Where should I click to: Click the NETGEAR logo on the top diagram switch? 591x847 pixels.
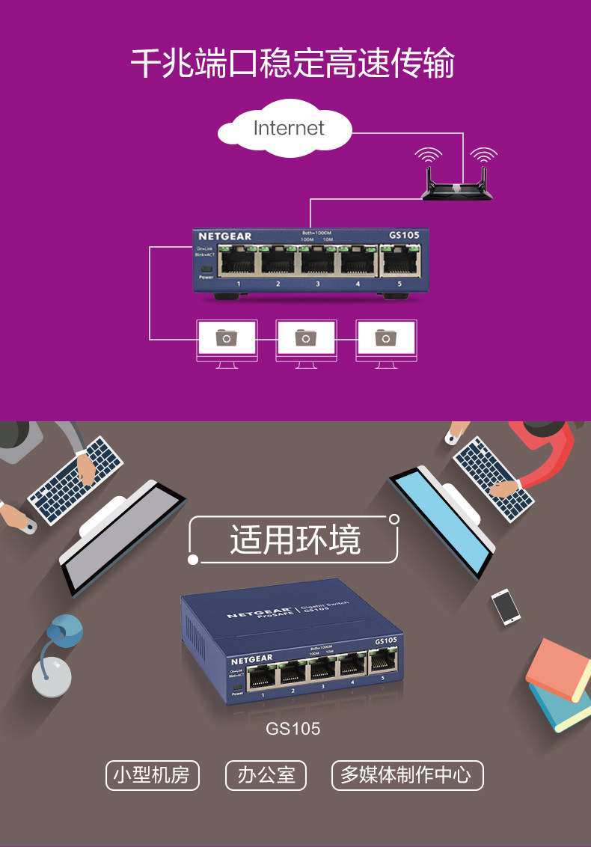tap(224, 236)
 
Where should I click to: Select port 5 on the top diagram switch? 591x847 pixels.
tap(399, 263)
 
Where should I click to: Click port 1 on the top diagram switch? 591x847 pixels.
tap(238, 263)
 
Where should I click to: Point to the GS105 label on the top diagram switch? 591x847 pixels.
tap(404, 236)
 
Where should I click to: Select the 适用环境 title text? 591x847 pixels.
tap(295, 539)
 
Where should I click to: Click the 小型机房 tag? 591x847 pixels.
tap(152, 775)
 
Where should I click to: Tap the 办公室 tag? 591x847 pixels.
tap(267, 775)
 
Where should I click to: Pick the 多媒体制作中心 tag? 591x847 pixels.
tap(407, 775)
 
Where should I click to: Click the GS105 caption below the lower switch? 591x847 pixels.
tap(293, 728)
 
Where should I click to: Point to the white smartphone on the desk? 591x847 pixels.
tap(506, 605)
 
